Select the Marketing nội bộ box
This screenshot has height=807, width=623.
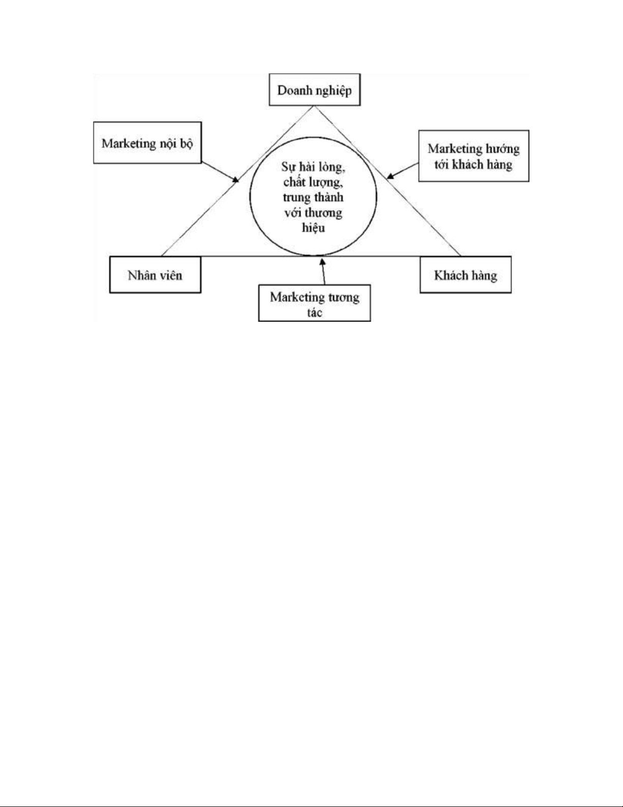[147, 143]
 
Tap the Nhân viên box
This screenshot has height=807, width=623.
[155, 275]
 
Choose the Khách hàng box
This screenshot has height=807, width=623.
[465, 275]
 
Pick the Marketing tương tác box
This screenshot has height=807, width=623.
[314, 304]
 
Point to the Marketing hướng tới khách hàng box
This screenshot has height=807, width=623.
[473, 156]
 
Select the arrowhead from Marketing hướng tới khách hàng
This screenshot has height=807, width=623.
[390, 177]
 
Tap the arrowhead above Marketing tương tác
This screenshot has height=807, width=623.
[321, 262]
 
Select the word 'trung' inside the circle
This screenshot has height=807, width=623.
[296, 197]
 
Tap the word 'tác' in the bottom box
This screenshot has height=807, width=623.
[314, 313]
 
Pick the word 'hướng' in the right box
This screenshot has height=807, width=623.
[502, 149]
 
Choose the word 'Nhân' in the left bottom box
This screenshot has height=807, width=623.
[141, 275]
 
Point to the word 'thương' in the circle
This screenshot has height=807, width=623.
[324, 212]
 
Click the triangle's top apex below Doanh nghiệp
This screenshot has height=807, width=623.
[314, 106]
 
